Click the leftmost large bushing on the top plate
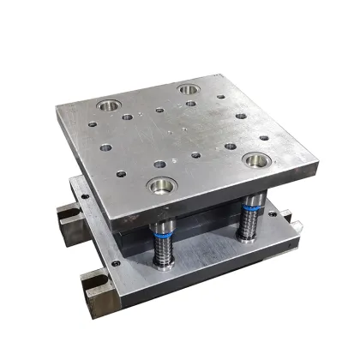pyautogui.click(x=108, y=106)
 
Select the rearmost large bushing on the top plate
pyautogui.click(x=188, y=88)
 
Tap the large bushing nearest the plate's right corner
pyautogui.click(x=254, y=159)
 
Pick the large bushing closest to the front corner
pyautogui.click(x=159, y=183)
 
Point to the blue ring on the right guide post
pyautogui.click(x=252, y=207)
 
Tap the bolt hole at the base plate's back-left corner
pyautogui.click(x=85, y=196)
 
